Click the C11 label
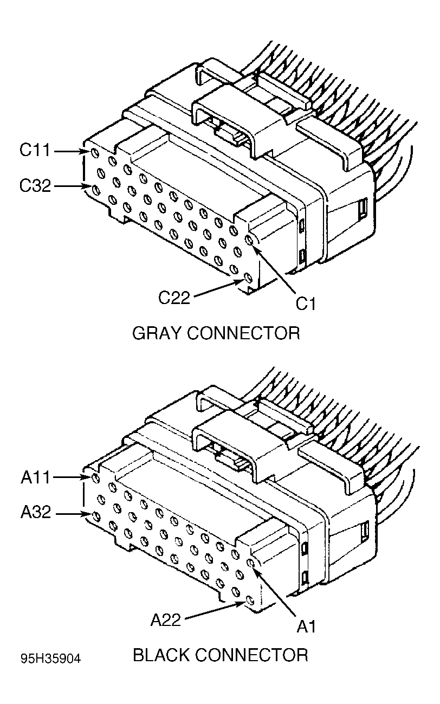pyautogui.click(x=35, y=151)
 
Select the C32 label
pyautogui.click(x=35, y=186)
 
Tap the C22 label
pyautogui.click(x=174, y=297)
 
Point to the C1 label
pyautogui.click(x=306, y=304)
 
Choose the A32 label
pyautogui.click(x=35, y=512)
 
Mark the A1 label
pyautogui.click(x=306, y=627)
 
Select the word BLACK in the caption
pyautogui.click(x=161, y=655)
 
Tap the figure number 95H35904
pyautogui.click(x=51, y=658)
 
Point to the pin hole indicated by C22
pyautogui.click(x=248, y=279)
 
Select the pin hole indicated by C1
pyautogui.click(x=250, y=240)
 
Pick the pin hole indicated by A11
pyautogui.click(x=96, y=478)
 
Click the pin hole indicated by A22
pyautogui.click(x=249, y=601)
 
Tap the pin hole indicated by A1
pyautogui.click(x=251, y=564)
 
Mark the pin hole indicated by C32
pyautogui.click(x=96, y=189)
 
